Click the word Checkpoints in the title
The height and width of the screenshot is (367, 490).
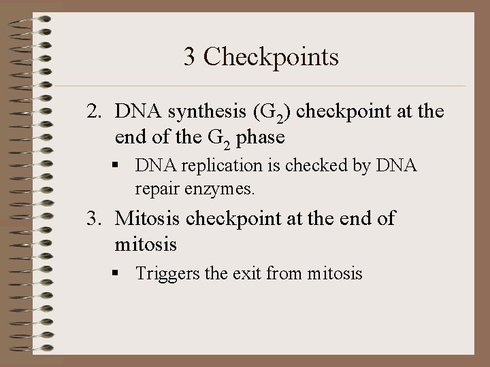coord(271,57)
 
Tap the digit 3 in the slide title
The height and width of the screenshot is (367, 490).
coord(190,57)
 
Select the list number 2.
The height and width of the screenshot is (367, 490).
coord(93,111)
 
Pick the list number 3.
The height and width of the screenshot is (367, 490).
coord(93,219)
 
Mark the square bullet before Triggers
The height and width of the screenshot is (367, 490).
coord(120,275)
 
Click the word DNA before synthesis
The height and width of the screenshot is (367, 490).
coord(135,111)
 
